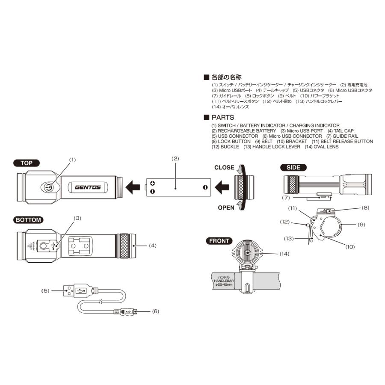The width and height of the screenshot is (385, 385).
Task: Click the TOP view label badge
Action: [27, 163]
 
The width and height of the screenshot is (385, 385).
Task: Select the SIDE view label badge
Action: [293, 167]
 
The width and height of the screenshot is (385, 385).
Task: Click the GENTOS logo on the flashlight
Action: [88, 187]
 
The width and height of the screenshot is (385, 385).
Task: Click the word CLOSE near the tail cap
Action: [224, 168]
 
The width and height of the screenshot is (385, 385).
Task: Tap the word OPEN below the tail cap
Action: [226, 207]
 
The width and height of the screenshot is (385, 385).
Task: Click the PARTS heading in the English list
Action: [222, 117]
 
